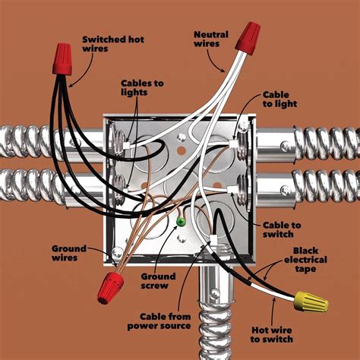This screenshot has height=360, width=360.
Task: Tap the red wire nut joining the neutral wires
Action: (244, 37)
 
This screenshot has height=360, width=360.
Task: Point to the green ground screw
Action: (181, 223)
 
